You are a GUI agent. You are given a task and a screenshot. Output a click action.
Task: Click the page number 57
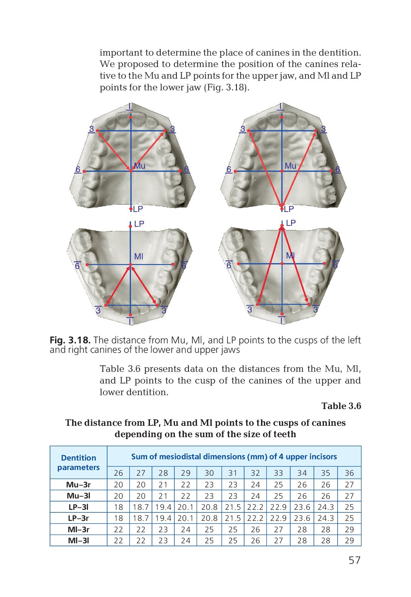354,560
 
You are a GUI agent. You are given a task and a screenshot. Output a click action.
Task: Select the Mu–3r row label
78,485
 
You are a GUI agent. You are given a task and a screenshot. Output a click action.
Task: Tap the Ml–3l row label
78,540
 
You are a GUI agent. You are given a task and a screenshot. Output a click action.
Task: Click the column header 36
349,473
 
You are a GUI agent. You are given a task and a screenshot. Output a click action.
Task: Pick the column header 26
118,473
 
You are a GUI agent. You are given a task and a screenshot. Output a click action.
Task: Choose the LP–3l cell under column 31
233,507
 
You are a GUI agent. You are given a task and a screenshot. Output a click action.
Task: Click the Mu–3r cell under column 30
209,485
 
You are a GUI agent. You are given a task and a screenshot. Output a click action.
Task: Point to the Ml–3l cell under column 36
349,540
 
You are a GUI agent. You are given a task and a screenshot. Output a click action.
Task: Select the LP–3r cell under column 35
326,518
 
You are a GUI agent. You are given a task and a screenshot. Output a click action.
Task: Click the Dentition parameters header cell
78,462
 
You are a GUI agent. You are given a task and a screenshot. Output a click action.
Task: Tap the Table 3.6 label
341,406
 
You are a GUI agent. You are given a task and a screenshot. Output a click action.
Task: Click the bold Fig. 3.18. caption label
70,340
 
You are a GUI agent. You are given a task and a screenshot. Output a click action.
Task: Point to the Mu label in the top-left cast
140,166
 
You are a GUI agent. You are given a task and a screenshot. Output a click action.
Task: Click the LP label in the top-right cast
289,209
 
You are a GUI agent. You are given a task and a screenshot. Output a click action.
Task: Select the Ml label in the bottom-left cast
139,256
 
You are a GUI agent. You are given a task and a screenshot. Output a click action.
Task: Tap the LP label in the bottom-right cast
291,223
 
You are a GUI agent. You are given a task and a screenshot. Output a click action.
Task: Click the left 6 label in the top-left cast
78,170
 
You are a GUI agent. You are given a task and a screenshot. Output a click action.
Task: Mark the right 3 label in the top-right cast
323,129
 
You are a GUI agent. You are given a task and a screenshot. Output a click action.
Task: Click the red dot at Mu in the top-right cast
282,171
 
